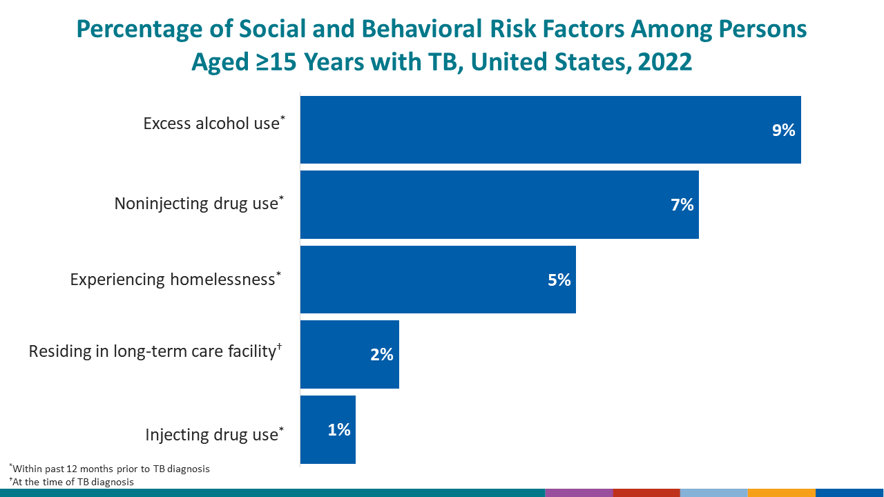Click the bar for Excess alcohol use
tap(550, 130)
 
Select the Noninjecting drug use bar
tap(499, 205)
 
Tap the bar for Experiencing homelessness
tap(438, 280)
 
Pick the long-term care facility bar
tap(349, 354)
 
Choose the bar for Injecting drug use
tap(327, 429)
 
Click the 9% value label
tap(783, 130)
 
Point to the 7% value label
tap(682, 205)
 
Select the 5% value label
tap(559, 280)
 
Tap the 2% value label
tap(381, 355)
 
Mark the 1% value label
tap(338, 429)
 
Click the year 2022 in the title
tap(665, 62)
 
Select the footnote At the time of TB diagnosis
tap(71, 482)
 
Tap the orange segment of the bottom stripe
tap(781, 493)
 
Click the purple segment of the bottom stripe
tap(579, 493)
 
